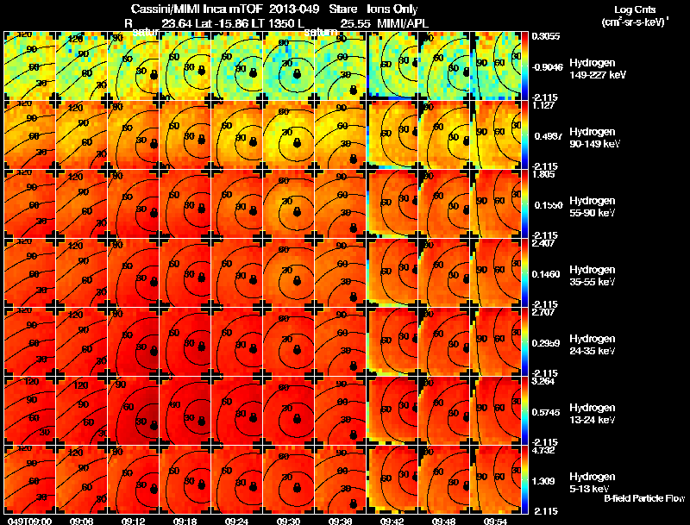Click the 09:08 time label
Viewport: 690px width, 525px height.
(x=82, y=520)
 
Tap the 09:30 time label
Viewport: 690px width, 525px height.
(x=289, y=520)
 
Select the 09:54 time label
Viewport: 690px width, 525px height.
(x=496, y=520)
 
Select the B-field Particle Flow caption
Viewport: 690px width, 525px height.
(x=644, y=498)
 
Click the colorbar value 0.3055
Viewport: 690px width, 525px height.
(x=545, y=36)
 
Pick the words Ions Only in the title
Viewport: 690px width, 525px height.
(x=392, y=8)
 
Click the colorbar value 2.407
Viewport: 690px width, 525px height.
(x=543, y=243)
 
